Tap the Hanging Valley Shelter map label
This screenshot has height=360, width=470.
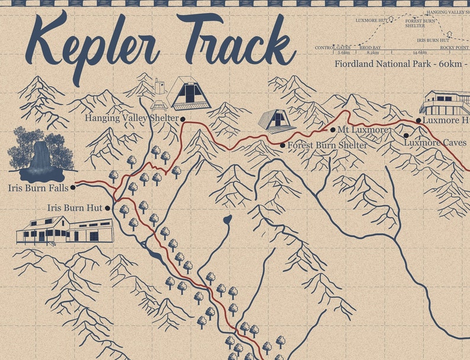click(x=131, y=118)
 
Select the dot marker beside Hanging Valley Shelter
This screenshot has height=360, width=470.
click(x=183, y=119)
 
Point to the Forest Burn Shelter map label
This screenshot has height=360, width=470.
click(x=327, y=144)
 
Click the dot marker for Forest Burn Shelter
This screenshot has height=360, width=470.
click(x=282, y=145)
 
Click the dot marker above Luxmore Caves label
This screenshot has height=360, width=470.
click(x=405, y=136)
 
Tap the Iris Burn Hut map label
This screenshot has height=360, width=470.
click(x=75, y=208)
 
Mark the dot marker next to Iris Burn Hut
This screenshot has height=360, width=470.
click(x=108, y=208)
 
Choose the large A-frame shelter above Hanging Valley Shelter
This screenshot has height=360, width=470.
click(x=189, y=94)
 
